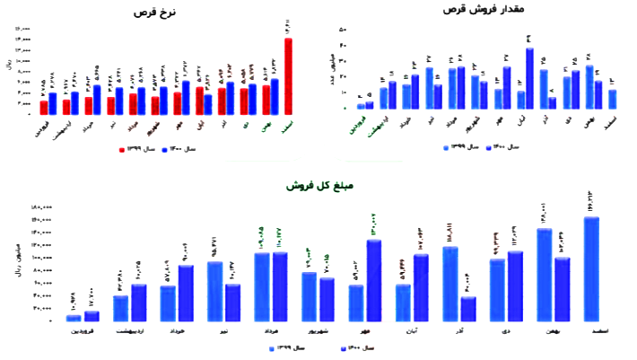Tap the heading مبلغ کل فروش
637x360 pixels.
tap(312, 186)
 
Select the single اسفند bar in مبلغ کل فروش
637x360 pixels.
tap(591, 269)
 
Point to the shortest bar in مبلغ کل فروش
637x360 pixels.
tap(73, 318)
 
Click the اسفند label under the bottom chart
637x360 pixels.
tap(593, 332)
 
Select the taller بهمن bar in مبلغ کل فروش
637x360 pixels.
tap(544, 275)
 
